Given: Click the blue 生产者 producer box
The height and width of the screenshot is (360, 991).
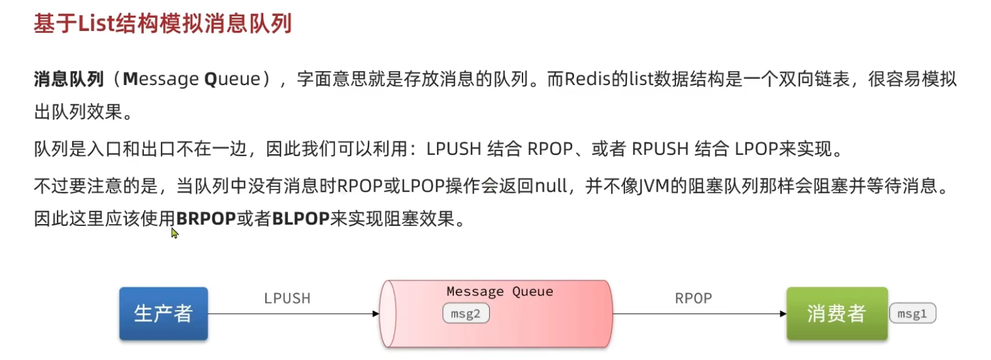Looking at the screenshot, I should [163, 313].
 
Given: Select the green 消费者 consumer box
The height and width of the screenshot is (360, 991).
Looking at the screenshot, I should [836, 313].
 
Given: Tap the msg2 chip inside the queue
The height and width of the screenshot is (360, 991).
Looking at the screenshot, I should [465, 314].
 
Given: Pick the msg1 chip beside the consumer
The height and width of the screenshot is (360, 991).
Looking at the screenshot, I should [912, 314].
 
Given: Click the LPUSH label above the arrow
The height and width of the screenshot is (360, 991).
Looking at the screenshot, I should [287, 298].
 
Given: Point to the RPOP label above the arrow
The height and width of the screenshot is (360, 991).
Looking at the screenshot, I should [693, 298].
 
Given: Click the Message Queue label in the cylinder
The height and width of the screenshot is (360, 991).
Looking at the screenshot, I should [499, 291].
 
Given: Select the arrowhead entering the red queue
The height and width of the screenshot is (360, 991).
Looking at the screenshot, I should [376, 314].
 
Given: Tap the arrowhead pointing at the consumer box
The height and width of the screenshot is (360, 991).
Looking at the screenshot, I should [782, 314].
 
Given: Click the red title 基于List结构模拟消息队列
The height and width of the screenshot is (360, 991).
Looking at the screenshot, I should [163, 24].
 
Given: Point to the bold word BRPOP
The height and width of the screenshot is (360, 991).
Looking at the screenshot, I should [205, 219].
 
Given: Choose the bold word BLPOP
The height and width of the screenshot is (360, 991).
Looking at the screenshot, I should [300, 219].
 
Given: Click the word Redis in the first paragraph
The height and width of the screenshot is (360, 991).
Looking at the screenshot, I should [587, 79].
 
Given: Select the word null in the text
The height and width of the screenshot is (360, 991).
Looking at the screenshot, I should [550, 185].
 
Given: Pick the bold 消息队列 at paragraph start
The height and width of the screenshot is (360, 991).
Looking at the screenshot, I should [69, 79].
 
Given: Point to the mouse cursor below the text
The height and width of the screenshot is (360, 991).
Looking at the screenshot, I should [174, 233].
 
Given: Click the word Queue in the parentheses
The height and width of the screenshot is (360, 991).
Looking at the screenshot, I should [232, 79].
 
